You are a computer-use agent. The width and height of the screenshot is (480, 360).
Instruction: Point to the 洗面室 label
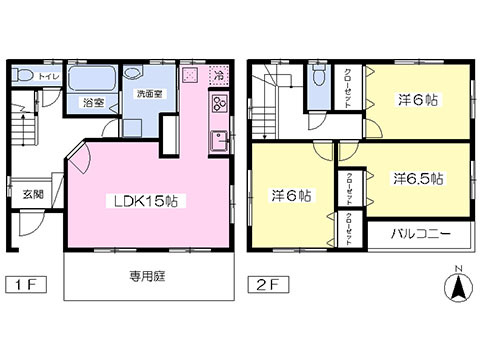[149, 93]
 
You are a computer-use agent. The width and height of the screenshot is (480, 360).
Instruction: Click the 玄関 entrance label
[34, 194]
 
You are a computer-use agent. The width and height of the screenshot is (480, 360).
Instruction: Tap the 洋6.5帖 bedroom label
[418, 178]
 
